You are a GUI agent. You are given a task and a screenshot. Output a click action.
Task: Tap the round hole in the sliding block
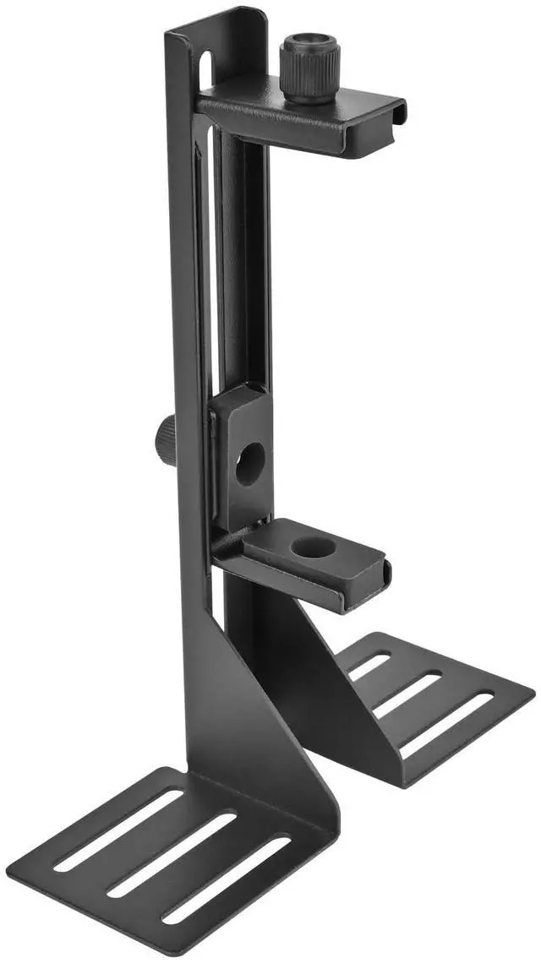249,464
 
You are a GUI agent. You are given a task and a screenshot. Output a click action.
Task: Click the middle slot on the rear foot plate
407,695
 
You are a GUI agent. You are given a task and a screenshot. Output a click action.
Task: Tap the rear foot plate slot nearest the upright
369,666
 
